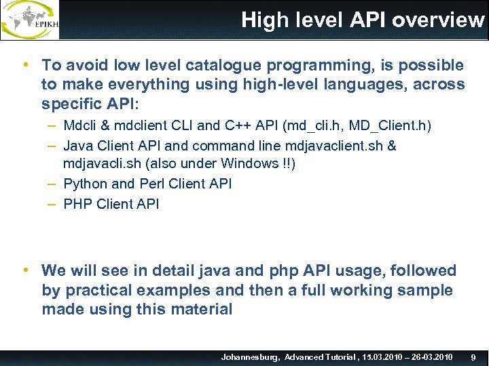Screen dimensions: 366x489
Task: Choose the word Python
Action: point(85,184)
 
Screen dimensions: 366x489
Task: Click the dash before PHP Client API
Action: point(52,203)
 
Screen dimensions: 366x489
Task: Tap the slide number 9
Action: point(473,357)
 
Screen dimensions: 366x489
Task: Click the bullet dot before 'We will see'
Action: point(25,270)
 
